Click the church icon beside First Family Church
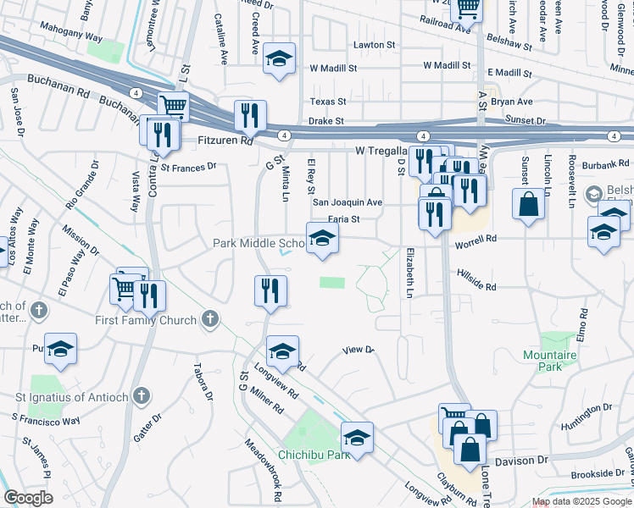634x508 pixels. (210, 319)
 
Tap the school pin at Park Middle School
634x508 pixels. (322, 240)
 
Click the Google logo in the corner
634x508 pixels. (28, 498)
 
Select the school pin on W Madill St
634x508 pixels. (280, 60)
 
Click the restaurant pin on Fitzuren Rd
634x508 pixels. (250, 117)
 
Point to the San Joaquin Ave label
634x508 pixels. (348, 202)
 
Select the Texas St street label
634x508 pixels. (328, 101)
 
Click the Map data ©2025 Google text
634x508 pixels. (581, 501)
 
